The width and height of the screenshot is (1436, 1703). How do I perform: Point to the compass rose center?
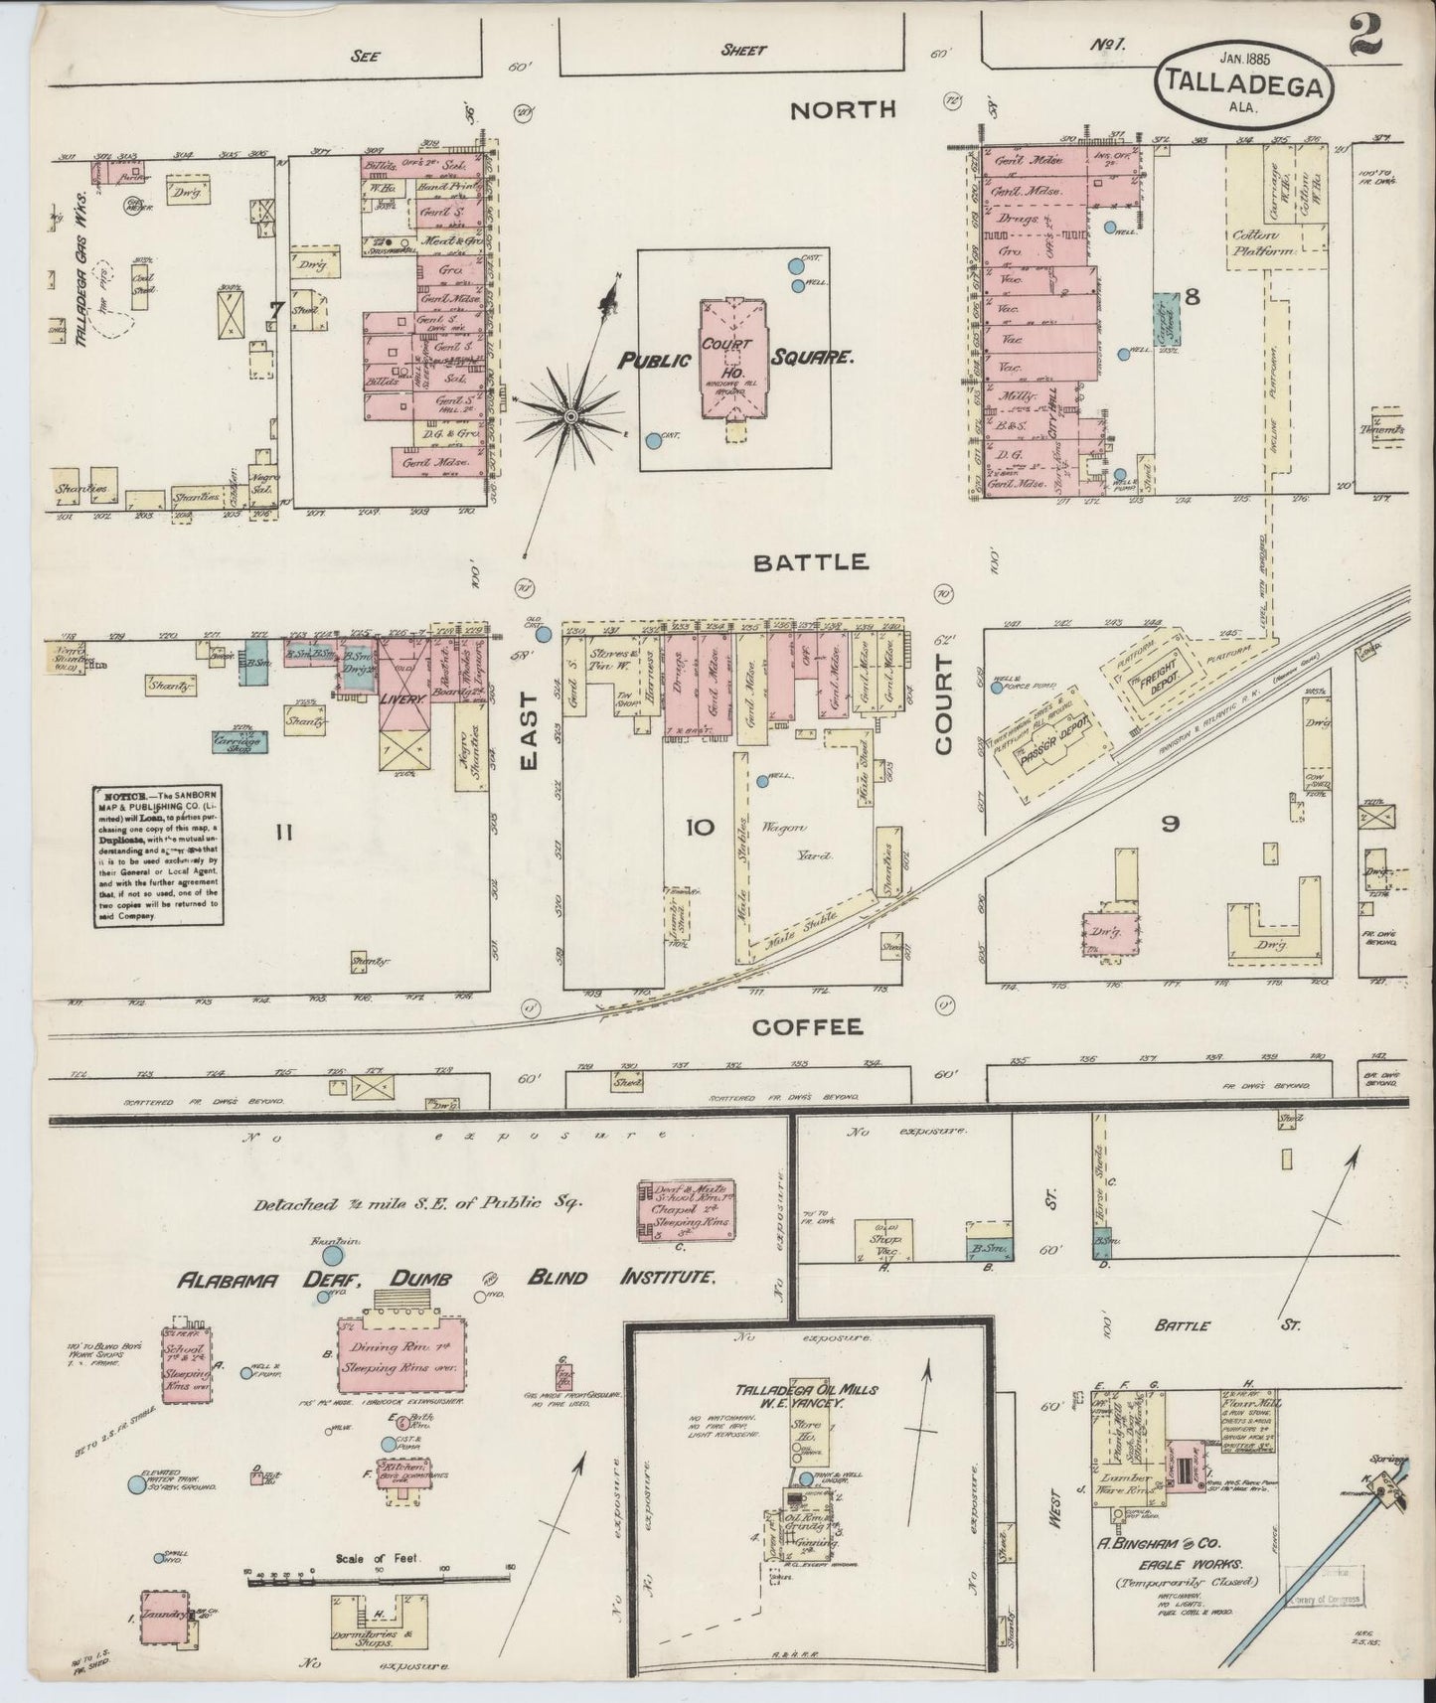point(571,416)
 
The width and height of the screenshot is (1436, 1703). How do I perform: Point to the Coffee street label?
point(806,1027)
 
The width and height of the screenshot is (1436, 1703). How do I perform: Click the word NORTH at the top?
point(843,110)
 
